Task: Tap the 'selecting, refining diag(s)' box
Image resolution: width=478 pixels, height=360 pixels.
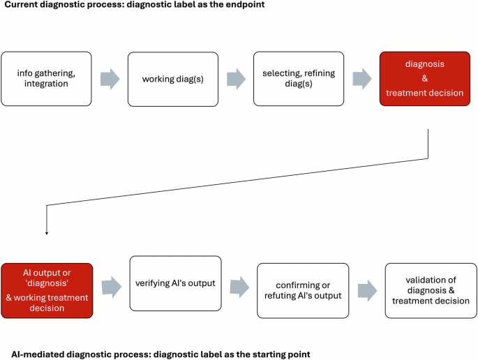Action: point(299,79)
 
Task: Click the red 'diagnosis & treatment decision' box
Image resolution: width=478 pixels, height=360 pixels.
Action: point(425,79)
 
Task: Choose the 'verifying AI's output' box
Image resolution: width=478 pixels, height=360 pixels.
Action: point(175,283)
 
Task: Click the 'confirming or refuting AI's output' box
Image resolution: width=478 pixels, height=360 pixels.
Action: point(303,291)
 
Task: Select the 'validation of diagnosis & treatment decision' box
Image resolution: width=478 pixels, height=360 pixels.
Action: point(431,291)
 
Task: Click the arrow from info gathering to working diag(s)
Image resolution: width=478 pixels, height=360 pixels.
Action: point(110,79)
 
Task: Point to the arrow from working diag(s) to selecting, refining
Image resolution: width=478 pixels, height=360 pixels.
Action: point(235,79)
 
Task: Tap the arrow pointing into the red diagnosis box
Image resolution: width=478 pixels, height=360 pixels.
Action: point(361,79)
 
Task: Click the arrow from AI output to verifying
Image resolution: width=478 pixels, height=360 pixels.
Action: point(111,285)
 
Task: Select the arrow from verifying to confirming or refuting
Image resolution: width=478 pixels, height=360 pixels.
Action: point(239,285)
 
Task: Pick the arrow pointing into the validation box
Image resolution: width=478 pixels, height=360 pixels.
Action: point(366,291)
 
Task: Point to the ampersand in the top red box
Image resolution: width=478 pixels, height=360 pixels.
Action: point(425,79)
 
